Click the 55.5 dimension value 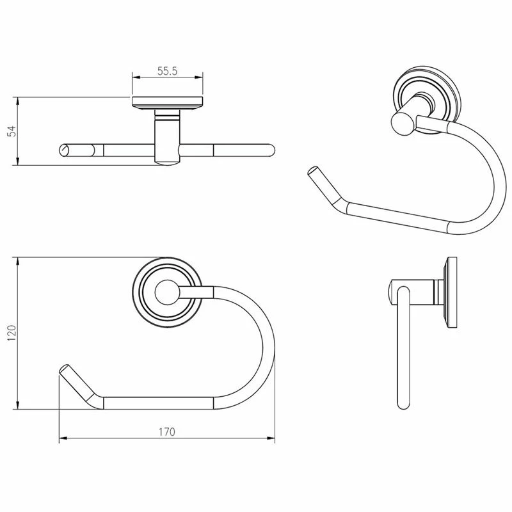pyautogui.click(x=167, y=71)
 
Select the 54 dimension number pyautogui.click(x=12, y=131)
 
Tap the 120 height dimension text pyautogui.click(x=12, y=333)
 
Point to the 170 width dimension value pyautogui.click(x=167, y=432)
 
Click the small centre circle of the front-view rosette pyautogui.click(x=167, y=292)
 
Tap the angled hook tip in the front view pyautogui.click(x=65, y=369)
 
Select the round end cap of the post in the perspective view pyautogui.click(x=403, y=122)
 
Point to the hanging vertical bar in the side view pyautogui.click(x=403, y=348)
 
